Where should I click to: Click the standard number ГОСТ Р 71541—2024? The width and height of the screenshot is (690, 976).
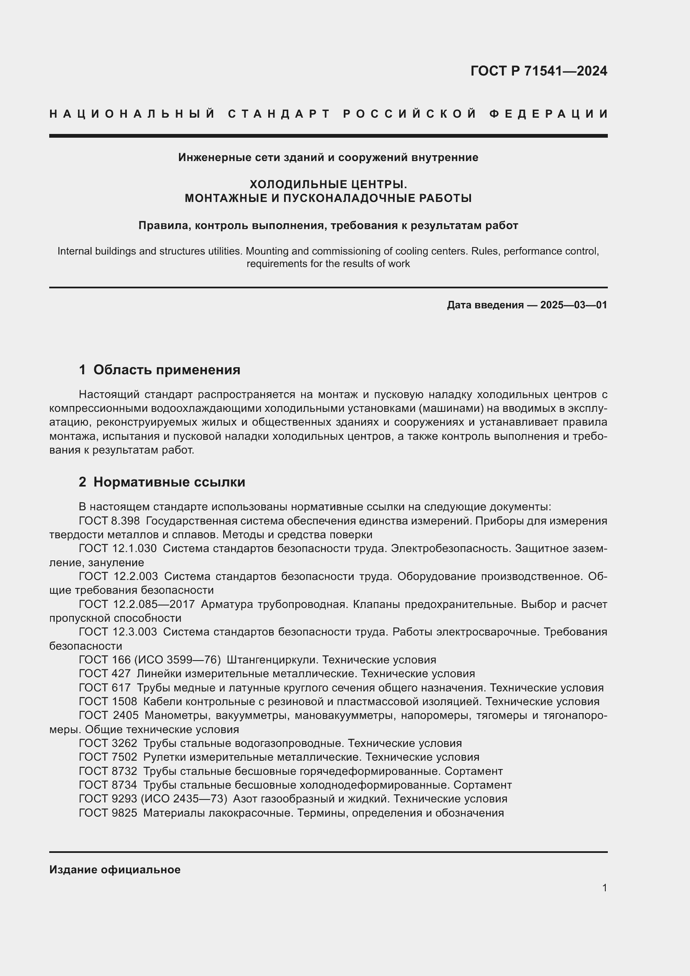tap(538, 71)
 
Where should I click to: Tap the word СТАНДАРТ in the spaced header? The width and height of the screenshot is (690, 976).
tap(279, 114)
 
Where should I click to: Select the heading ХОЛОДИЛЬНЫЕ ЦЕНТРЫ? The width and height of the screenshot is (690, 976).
tap(328, 184)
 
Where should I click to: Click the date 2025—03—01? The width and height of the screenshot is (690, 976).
tap(574, 305)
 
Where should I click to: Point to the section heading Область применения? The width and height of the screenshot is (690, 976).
tap(166, 370)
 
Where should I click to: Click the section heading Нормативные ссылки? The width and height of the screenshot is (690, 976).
tap(169, 482)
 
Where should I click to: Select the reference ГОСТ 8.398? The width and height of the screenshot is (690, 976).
tap(109, 521)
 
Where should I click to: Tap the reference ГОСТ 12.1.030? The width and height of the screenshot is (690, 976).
tap(118, 548)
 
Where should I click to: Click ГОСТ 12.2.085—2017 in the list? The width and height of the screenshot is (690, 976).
tap(137, 604)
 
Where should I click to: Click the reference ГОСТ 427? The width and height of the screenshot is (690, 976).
tap(105, 673)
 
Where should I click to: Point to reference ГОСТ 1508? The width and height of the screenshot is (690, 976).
tap(108, 701)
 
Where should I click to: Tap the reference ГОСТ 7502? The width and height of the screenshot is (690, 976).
tap(108, 757)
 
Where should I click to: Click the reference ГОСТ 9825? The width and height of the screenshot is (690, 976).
tap(108, 813)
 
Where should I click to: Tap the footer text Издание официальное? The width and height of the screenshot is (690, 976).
tap(115, 870)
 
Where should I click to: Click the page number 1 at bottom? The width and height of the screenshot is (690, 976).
tap(604, 888)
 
